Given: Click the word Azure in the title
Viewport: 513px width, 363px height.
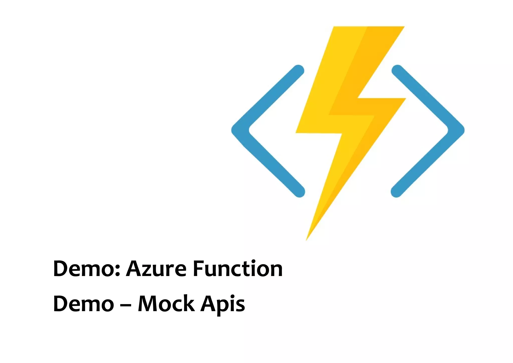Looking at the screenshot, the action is [x=156, y=269].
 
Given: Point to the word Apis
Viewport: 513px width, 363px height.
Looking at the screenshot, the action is [x=223, y=304].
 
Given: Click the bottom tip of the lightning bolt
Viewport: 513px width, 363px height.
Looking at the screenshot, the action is [x=307, y=239].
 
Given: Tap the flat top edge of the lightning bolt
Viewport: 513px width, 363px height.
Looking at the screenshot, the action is [x=368, y=27].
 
